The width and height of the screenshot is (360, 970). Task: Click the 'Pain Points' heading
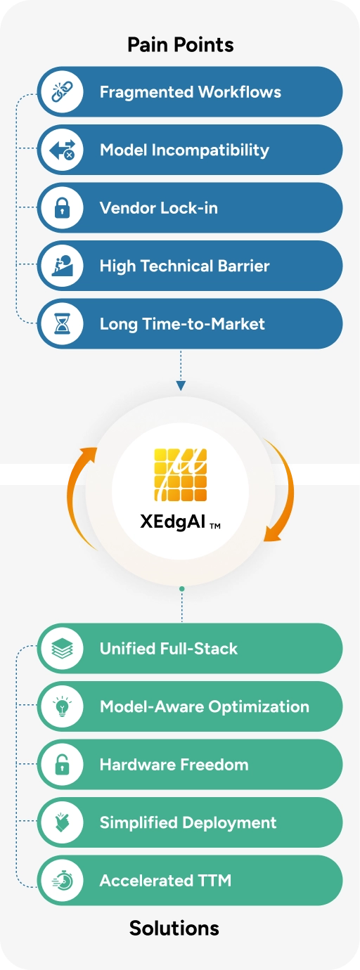180,44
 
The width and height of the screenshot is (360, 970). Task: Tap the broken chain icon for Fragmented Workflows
62,92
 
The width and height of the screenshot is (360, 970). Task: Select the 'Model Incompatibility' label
184,150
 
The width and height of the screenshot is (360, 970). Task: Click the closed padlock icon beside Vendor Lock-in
62,208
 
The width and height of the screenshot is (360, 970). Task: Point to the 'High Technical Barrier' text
184,266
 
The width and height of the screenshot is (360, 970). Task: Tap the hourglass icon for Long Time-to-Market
62,324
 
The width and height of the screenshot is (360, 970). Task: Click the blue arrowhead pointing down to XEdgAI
181,385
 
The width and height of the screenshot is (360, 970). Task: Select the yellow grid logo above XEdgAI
181,475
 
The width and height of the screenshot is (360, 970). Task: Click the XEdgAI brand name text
172,522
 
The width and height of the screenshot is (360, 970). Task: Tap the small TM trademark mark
215,526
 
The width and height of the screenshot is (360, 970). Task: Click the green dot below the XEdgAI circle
182,589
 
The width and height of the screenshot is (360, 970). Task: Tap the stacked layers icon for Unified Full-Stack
62,649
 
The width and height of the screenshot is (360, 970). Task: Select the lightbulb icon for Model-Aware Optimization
62,706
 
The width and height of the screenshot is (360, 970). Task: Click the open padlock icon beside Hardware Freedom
62,764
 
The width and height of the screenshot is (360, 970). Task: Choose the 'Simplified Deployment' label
188,822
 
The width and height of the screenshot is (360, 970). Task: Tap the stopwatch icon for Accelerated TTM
63,880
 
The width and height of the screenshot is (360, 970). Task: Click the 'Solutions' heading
174,928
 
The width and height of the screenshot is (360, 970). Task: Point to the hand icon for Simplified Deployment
62,822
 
